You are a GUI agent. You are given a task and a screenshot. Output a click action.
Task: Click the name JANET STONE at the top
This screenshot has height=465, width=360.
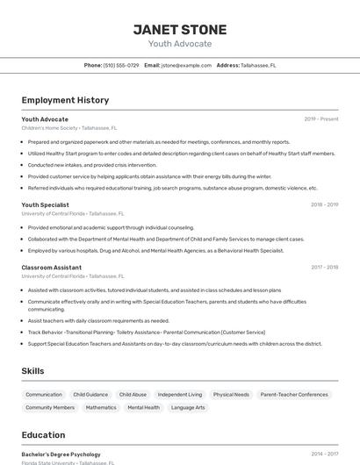pyautogui.click(x=179, y=29)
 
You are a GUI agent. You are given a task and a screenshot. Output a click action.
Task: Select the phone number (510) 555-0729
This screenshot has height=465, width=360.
pyautogui.click(x=121, y=65)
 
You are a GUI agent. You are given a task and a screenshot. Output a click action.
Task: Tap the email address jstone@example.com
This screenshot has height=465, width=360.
pyautogui.click(x=186, y=65)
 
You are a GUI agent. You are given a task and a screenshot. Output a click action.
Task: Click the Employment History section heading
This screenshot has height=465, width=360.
pyautogui.click(x=65, y=100)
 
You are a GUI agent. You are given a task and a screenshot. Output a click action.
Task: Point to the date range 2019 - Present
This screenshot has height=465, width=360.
pyautogui.click(x=321, y=118)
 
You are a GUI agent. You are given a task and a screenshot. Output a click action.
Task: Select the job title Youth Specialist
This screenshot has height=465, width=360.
pyautogui.click(x=46, y=204)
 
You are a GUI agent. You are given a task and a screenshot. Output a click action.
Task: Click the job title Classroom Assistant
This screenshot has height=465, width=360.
pyautogui.click(x=52, y=267)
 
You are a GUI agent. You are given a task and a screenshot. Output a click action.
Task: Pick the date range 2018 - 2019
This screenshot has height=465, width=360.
pyautogui.click(x=324, y=204)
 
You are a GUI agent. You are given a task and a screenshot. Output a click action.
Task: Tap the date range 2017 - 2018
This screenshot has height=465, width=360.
pyautogui.click(x=324, y=267)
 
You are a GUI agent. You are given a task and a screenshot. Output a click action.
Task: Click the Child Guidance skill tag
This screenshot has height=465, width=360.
pyautogui.click(x=90, y=395)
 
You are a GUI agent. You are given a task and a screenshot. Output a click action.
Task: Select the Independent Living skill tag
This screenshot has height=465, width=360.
pyautogui.click(x=179, y=395)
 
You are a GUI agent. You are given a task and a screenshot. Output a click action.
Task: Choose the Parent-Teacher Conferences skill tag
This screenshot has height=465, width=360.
pyautogui.click(x=294, y=395)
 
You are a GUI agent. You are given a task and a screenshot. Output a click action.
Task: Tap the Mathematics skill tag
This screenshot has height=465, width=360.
pyautogui.click(x=101, y=407)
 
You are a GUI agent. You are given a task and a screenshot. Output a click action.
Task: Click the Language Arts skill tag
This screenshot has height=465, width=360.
pyautogui.click(x=188, y=407)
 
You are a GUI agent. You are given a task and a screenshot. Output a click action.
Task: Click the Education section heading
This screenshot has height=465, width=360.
pyautogui.click(x=43, y=434)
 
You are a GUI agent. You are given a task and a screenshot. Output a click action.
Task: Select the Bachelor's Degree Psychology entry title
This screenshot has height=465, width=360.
pyautogui.click(x=61, y=454)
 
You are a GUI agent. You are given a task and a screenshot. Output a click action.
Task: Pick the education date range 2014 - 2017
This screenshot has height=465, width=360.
pyautogui.click(x=324, y=454)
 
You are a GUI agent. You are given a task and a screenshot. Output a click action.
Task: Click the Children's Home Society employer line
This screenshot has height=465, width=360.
pyautogui.click(x=68, y=127)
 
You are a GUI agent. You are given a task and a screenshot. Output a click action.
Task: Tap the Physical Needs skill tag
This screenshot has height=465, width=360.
pyautogui.click(x=231, y=395)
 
